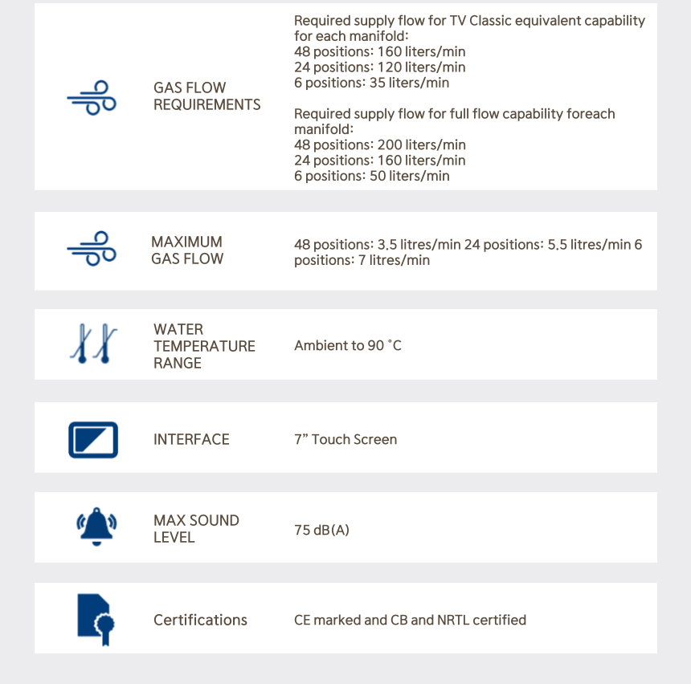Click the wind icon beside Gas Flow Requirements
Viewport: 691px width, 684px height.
point(92,96)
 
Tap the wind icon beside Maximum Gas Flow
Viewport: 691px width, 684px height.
point(92,249)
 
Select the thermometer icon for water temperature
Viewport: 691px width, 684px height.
point(92,344)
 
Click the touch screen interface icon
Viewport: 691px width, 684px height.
point(93,439)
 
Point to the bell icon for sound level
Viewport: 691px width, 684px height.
point(96,527)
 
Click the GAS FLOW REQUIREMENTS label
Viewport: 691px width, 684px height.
point(206,96)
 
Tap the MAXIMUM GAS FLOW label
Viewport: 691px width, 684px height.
point(187,250)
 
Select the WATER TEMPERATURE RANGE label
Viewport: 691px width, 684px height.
point(204,346)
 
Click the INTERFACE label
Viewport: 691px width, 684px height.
point(191,439)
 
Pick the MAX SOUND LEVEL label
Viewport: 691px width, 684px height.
point(196,528)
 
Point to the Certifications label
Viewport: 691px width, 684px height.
point(200,620)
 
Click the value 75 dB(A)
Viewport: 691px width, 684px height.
point(321,530)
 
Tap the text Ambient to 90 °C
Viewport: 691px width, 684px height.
point(347,345)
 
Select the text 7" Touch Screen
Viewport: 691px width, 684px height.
point(345,439)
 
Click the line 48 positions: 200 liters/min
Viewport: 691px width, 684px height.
point(379,145)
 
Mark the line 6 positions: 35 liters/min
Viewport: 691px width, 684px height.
point(371,83)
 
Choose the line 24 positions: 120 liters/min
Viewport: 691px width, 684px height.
point(379,67)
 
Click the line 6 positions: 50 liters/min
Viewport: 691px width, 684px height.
point(371,176)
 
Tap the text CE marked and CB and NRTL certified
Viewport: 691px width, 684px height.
point(410,620)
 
